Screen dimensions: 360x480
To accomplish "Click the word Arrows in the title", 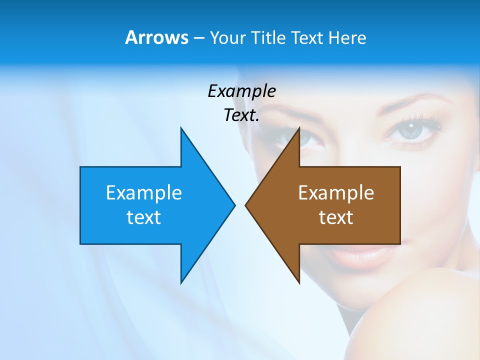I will [x=156, y=37].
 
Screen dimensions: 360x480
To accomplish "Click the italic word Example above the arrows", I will [x=241, y=91].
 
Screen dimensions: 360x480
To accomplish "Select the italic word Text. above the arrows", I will [x=241, y=115].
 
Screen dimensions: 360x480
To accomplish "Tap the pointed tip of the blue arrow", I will [x=234, y=205].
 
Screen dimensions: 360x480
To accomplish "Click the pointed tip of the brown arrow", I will [x=246, y=205].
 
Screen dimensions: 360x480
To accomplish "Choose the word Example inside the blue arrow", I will [x=144, y=193].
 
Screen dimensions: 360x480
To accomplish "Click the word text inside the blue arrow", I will [x=144, y=217].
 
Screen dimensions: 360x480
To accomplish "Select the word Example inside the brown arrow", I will [x=336, y=193].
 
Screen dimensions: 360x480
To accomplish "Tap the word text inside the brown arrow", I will [x=336, y=217].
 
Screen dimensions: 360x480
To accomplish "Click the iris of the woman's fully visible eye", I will [x=411, y=129].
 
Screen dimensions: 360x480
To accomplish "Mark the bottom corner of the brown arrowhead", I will [x=299, y=282].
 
